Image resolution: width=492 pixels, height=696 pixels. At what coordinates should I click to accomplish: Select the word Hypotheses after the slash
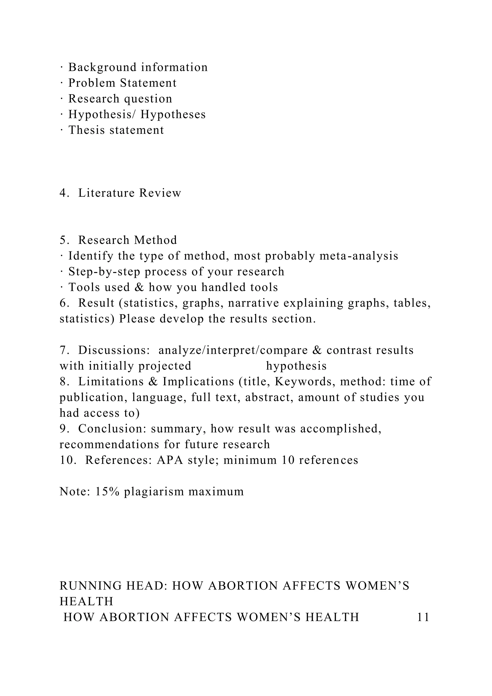[173, 115]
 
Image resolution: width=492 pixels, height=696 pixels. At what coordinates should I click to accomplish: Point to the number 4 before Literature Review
[63, 193]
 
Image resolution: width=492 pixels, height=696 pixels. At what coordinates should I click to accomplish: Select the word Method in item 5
[155, 240]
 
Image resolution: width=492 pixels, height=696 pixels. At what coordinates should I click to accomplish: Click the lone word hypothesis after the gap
[296, 366]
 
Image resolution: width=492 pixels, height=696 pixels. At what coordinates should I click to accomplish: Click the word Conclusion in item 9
[112, 429]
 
